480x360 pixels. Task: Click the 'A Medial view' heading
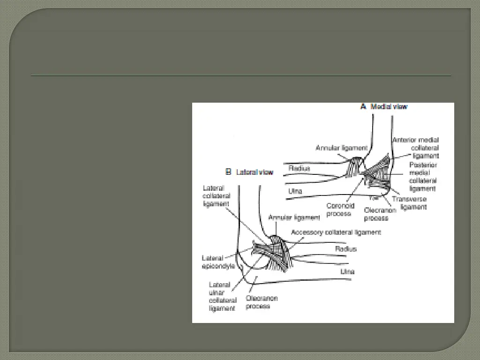tap(384, 106)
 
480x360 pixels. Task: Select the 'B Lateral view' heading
tap(249, 172)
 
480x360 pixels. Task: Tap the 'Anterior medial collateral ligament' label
tap(416, 147)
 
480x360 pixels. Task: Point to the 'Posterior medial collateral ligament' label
tap(423, 177)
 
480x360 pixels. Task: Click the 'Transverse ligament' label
tap(410, 202)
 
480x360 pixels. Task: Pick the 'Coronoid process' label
tap(340, 210)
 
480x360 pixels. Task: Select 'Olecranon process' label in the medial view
tap(380, 214)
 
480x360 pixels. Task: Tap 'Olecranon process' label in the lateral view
tap(262, 302)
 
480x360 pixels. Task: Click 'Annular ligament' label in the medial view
tap(341, 148)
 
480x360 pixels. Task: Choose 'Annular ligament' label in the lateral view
tap(294, 217)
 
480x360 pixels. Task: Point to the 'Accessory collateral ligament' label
tap(336, 232)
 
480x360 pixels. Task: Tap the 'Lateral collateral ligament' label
tap(216, 196)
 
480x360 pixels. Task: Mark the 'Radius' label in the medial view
tap(299, 168)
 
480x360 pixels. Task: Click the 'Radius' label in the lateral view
tap(345, 249)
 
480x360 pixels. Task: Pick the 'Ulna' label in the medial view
tap(295, 191)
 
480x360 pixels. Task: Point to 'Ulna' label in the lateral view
tap(347, 271)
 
